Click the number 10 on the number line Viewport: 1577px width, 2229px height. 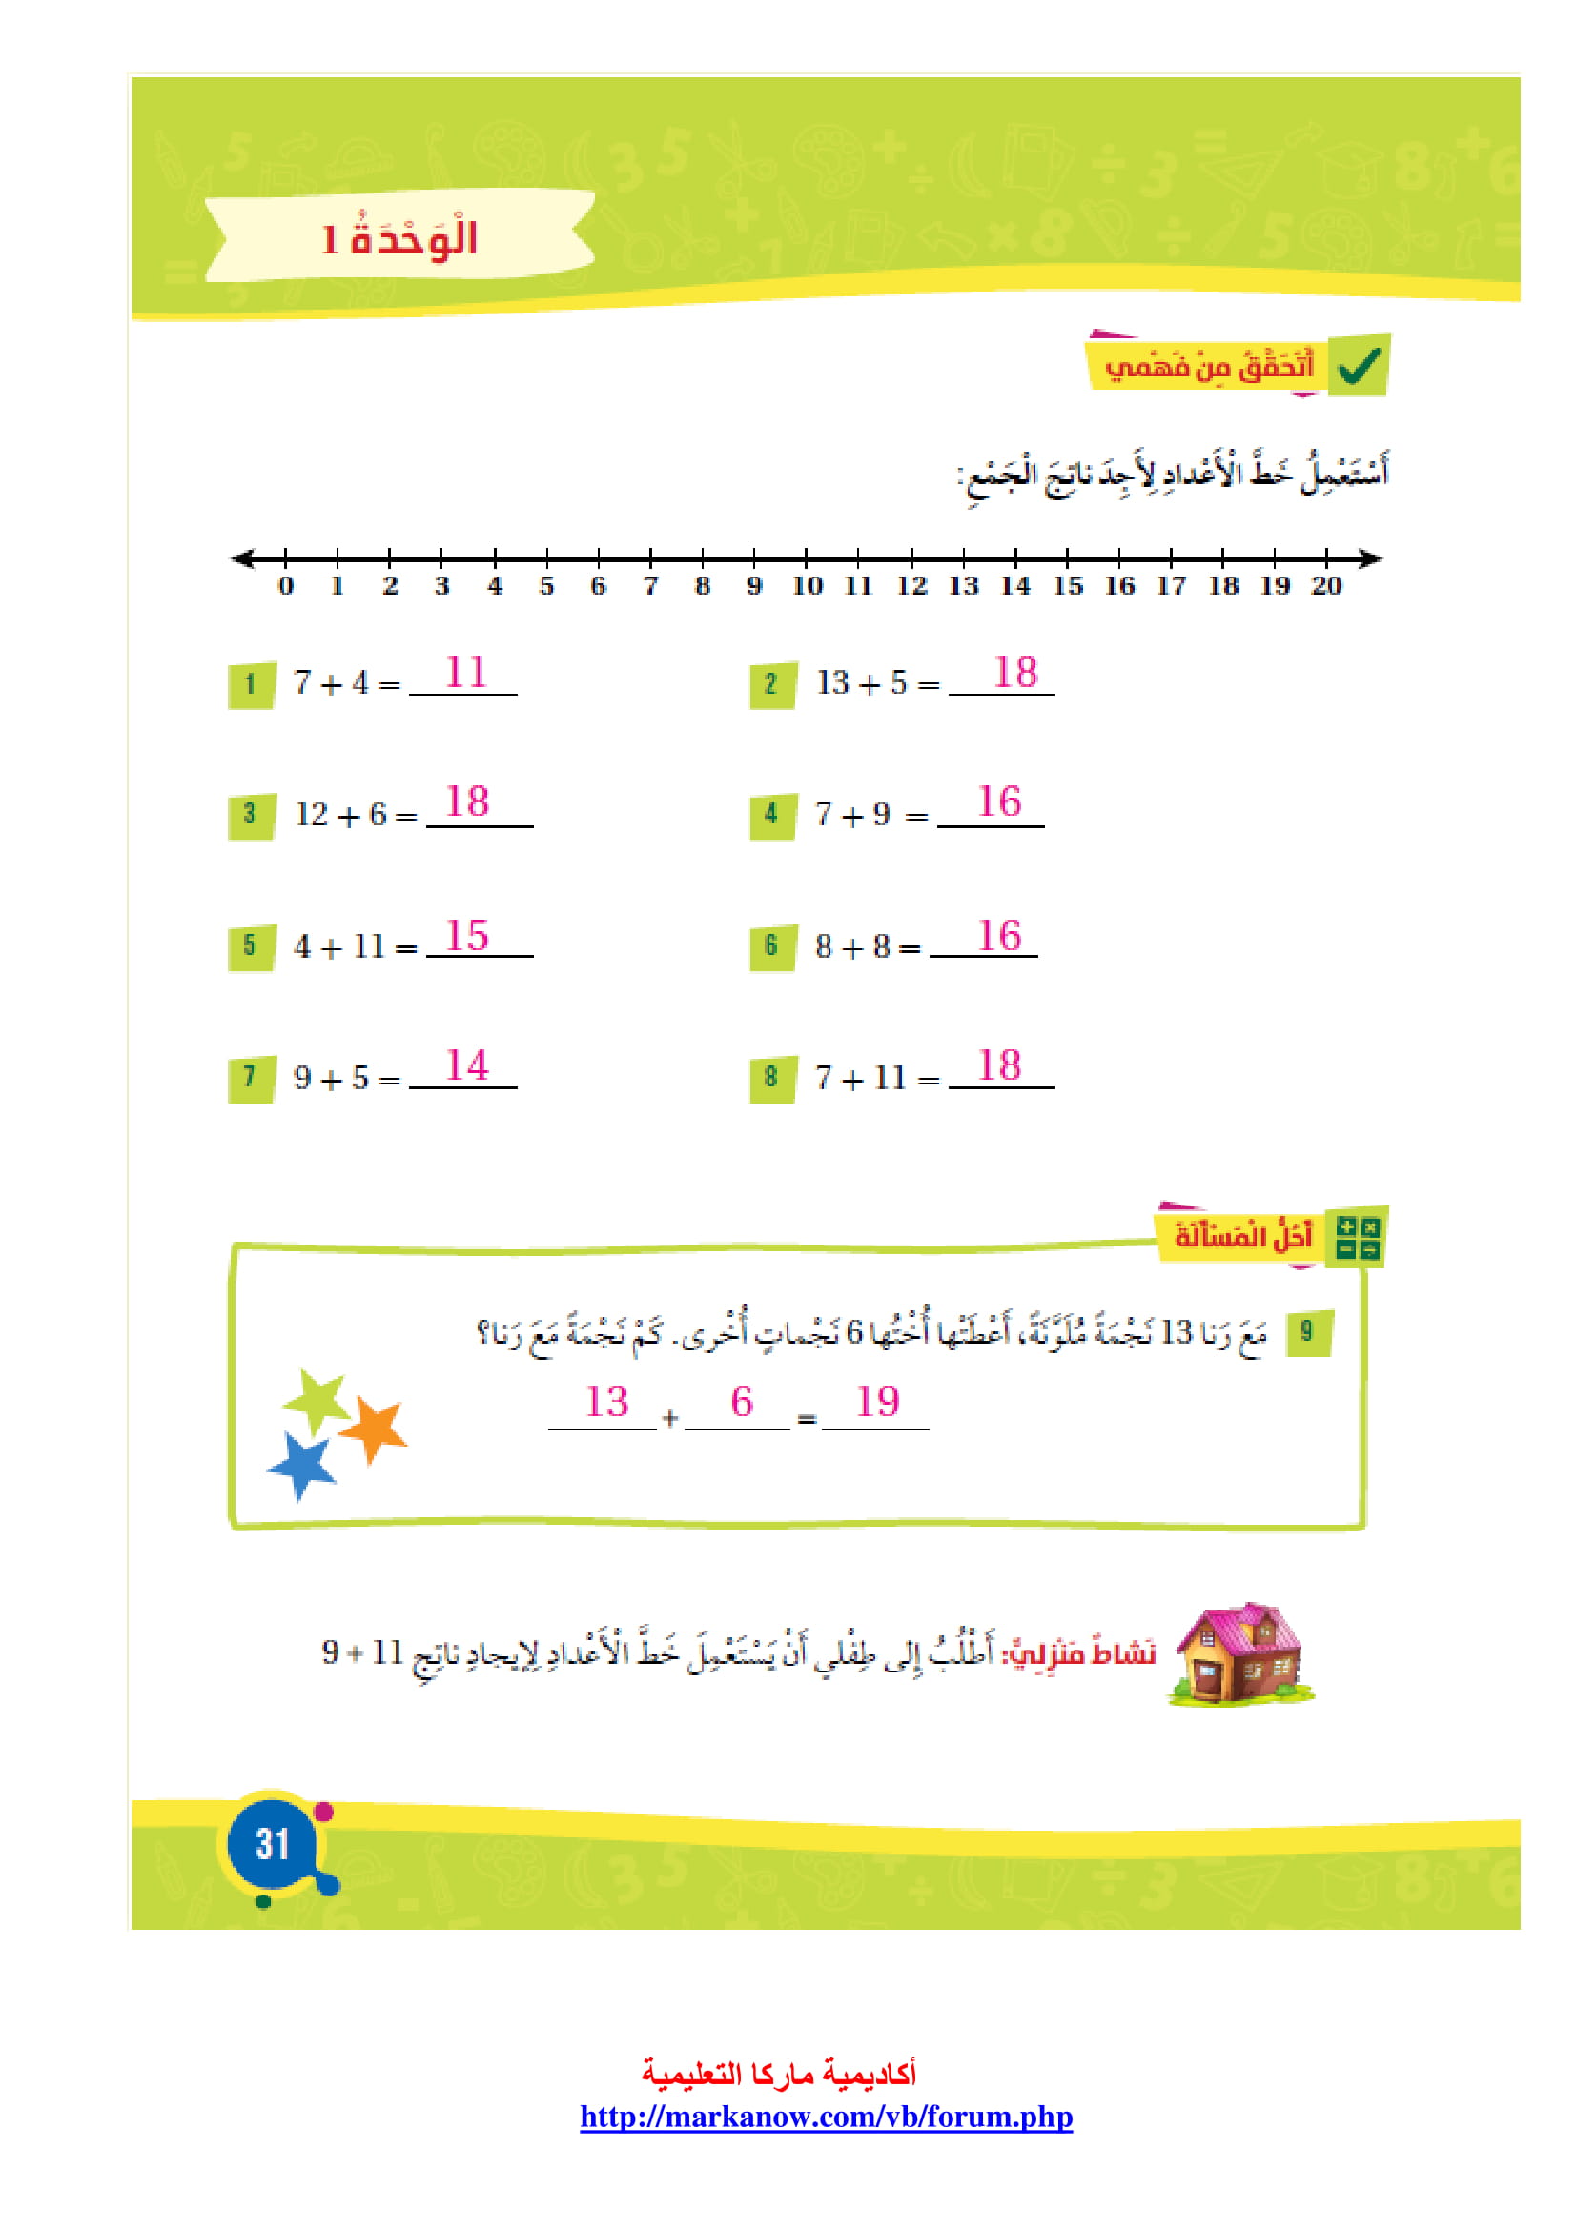(807, 585)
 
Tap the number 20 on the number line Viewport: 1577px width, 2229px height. (1326, 585)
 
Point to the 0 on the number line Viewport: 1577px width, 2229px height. (285, 585)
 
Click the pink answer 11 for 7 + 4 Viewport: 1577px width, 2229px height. (466, 672)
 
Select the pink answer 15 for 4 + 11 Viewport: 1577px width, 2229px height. (467, 936)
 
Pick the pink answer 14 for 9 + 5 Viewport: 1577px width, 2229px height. (467, 1065)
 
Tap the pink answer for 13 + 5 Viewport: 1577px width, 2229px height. (1015, 672)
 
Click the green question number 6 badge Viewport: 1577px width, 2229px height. (773, 945)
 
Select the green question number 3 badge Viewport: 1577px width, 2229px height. (252, 815)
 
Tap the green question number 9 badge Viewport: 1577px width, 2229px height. (1308, 1332)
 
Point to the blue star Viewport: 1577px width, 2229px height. (303, 1466)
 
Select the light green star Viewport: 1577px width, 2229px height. (317, 1400)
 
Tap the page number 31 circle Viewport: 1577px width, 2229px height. (273, 1844)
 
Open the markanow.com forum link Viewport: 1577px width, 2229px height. (827, 2117)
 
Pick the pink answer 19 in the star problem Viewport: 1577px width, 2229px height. (877, 1402)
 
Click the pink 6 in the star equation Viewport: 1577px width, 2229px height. (742, 1402)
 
